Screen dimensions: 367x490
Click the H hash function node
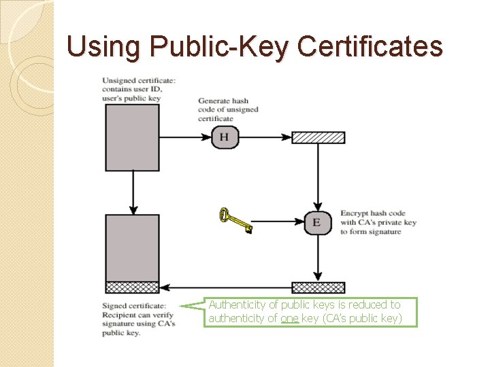click(x=225, y=138)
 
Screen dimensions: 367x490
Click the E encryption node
click(x=317, y=222)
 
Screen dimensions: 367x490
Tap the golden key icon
click(x=235, y=220)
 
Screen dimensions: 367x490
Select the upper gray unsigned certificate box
click(x=132, y=137)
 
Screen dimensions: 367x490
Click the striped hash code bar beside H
click(x=318, y=138)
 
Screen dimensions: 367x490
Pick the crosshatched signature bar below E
click(x=318, y=287)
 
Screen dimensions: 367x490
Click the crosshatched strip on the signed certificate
click(x=132, y=287)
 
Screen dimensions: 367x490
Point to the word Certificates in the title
click(x=370, y=47)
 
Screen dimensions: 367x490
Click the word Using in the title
click(x=105, y=47)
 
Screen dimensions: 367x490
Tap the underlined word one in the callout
click(x=289, y=318)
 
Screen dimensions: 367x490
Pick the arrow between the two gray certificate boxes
click(x=132, y=192)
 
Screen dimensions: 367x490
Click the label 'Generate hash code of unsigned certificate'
click(x=228, y=109)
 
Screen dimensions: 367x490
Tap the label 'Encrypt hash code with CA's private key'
click(x=378, y=222)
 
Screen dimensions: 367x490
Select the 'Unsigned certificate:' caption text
click(x=139, y=81)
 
